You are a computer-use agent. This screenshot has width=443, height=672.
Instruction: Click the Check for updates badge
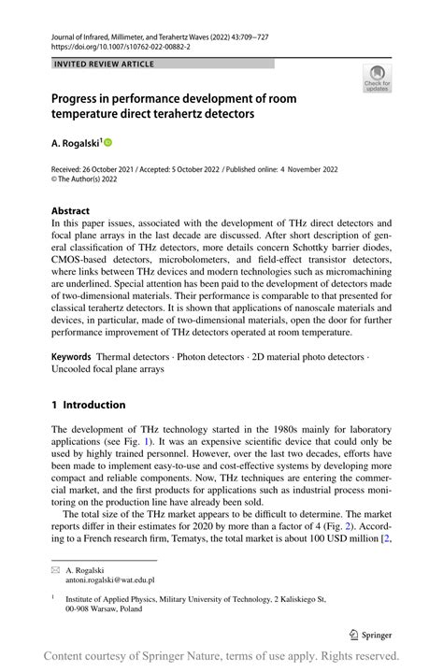coord(377,78)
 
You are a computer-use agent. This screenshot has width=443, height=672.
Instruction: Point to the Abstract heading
coord(71,211)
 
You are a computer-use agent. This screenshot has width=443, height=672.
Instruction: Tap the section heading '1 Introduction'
coord(88,405)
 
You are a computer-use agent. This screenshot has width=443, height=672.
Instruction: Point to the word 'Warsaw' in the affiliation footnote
coord(100,608)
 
